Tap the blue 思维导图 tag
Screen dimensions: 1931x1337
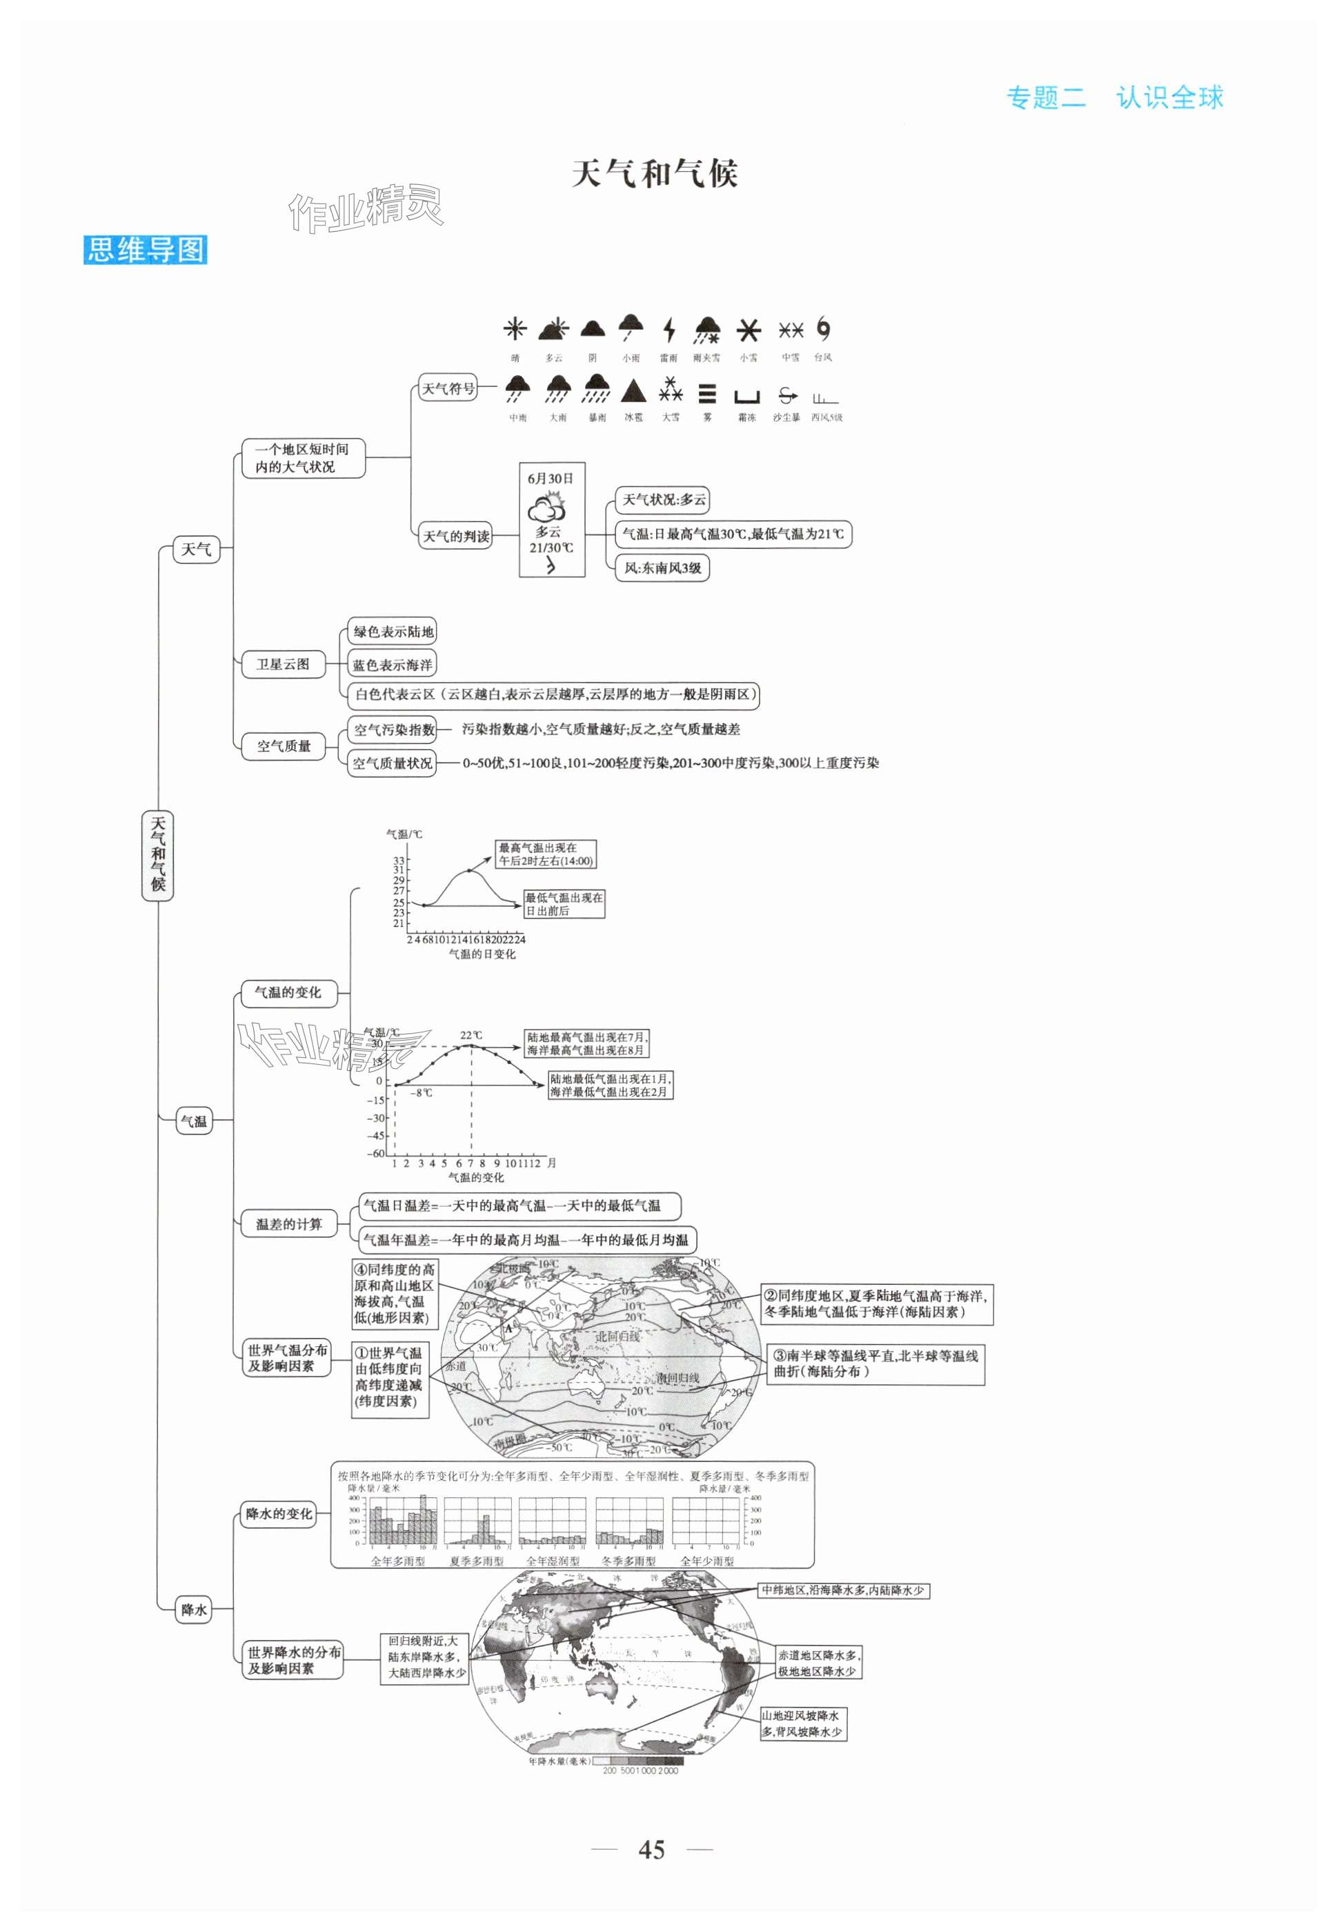click(145, 250)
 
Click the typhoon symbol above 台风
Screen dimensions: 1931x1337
click(824, 330)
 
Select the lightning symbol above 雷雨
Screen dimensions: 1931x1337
click(668, 330)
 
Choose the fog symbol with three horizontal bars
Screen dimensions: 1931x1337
click(708, 394)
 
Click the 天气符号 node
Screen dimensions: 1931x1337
click(448, 388)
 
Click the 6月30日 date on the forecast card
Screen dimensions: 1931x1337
click(551, 479)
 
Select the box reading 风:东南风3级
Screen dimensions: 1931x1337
click(662, 568)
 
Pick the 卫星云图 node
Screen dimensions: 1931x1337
click(283, 664)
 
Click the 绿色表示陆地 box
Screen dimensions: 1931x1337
click(393, 632)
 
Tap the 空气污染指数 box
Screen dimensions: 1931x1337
click(393, 730)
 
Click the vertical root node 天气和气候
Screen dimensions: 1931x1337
click(157, 855)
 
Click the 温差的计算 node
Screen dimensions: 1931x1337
click(288, 1223)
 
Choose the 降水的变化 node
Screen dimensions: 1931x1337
click(278, 1514)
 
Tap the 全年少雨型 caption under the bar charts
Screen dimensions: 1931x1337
click(706, 1561)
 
